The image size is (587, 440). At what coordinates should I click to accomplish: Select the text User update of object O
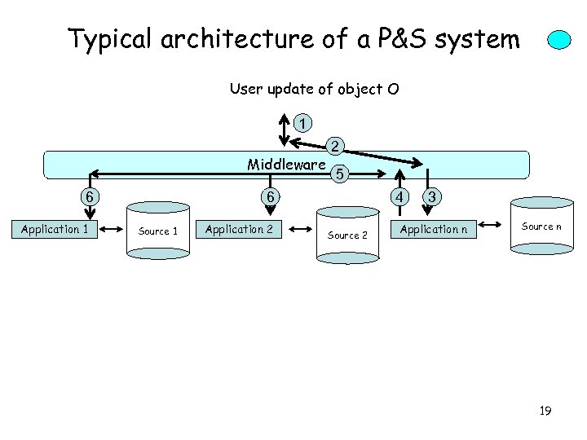[x=314, y=89]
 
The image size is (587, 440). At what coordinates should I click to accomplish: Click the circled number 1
[x=302, y=125]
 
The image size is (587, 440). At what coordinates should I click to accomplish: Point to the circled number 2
[x=335, y=147]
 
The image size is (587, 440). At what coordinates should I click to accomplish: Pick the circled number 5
[x=341, y=174]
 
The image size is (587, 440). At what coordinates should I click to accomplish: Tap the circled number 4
[x=399, y=196]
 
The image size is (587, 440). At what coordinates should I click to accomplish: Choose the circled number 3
[x=434, y=196]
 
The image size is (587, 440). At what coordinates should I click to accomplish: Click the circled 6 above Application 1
[x=93, y=196]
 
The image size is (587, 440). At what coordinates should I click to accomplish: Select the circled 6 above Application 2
[x=268, y=196]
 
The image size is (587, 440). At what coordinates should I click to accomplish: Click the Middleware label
[x=286, y=165]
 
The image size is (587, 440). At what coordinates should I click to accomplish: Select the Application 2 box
[x=239, y=229]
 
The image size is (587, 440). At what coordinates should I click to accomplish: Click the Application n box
[x=433, y=229]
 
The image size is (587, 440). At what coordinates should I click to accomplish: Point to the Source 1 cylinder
[x=158, y=231]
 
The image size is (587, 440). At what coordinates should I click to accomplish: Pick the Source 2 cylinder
[x=347, y=235]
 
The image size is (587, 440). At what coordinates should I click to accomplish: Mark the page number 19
[x=545, y=411]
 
